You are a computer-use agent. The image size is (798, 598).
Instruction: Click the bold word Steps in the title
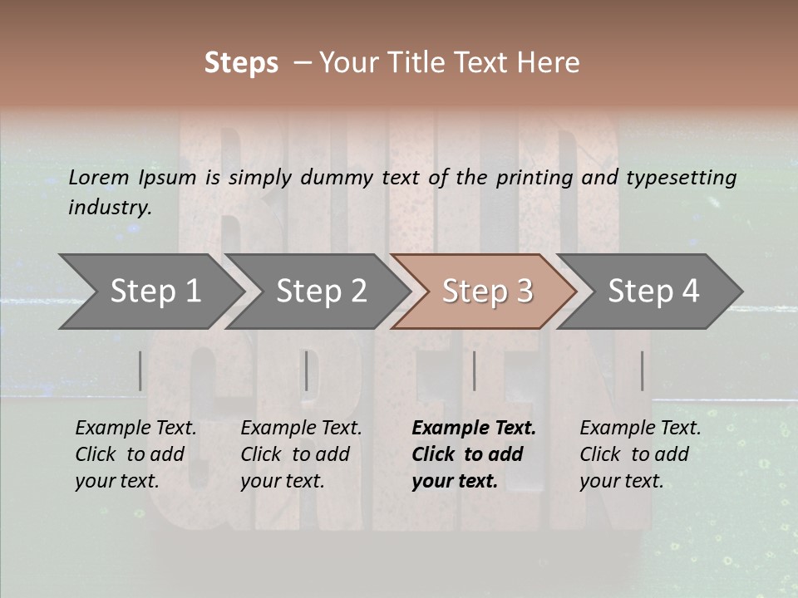[x=241, y=63]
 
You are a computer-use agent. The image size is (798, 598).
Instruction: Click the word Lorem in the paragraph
[x=98, y=177]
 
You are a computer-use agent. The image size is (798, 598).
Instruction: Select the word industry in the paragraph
[x=110, y=208]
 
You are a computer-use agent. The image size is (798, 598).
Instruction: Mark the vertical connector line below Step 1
[x=140, y=370]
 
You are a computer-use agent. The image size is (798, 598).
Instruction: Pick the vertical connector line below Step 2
[x=307, y=370]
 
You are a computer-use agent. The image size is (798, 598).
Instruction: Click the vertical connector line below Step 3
[x=474, y=370]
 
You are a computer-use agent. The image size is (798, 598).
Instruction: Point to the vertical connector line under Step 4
[x=642, y=370]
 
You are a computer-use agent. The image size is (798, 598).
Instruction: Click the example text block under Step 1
[x=135, y=454]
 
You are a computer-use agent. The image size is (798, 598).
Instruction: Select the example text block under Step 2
[x=301, y=454]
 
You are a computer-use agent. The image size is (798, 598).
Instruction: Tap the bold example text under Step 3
[x=473, y=454]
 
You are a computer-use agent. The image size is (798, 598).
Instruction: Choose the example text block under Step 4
[x=640, y=454]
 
